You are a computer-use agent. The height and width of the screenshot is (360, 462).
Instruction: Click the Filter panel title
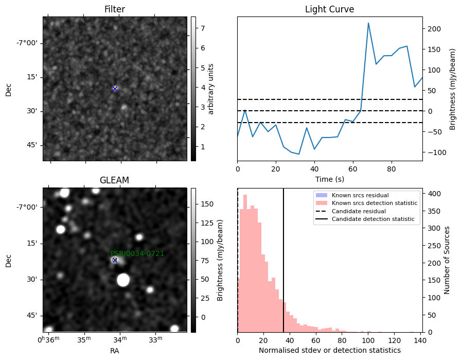point(115,9)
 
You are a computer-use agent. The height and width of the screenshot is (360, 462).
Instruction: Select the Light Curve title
point(329,9)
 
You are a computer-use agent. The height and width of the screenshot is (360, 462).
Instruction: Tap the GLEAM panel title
point(114,180)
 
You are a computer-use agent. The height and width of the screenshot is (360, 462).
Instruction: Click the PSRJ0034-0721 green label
point(137,253)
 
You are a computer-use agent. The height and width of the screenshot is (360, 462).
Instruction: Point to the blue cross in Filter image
point(115,89)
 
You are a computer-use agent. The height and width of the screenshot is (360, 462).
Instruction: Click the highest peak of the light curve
point(368,23)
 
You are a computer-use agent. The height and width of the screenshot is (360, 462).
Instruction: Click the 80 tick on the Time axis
point(392,169)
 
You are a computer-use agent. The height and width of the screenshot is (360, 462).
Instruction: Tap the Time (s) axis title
point(330,179)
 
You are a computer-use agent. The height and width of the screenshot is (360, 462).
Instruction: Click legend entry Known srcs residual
point(360,195)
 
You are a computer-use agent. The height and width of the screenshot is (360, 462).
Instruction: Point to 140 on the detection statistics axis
point(420,340)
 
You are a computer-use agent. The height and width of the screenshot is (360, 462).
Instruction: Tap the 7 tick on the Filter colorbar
point(203,28)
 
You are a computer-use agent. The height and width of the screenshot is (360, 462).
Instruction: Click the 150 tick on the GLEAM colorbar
point(207,204)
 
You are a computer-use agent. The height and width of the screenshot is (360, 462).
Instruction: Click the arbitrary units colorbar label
point(210,89)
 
